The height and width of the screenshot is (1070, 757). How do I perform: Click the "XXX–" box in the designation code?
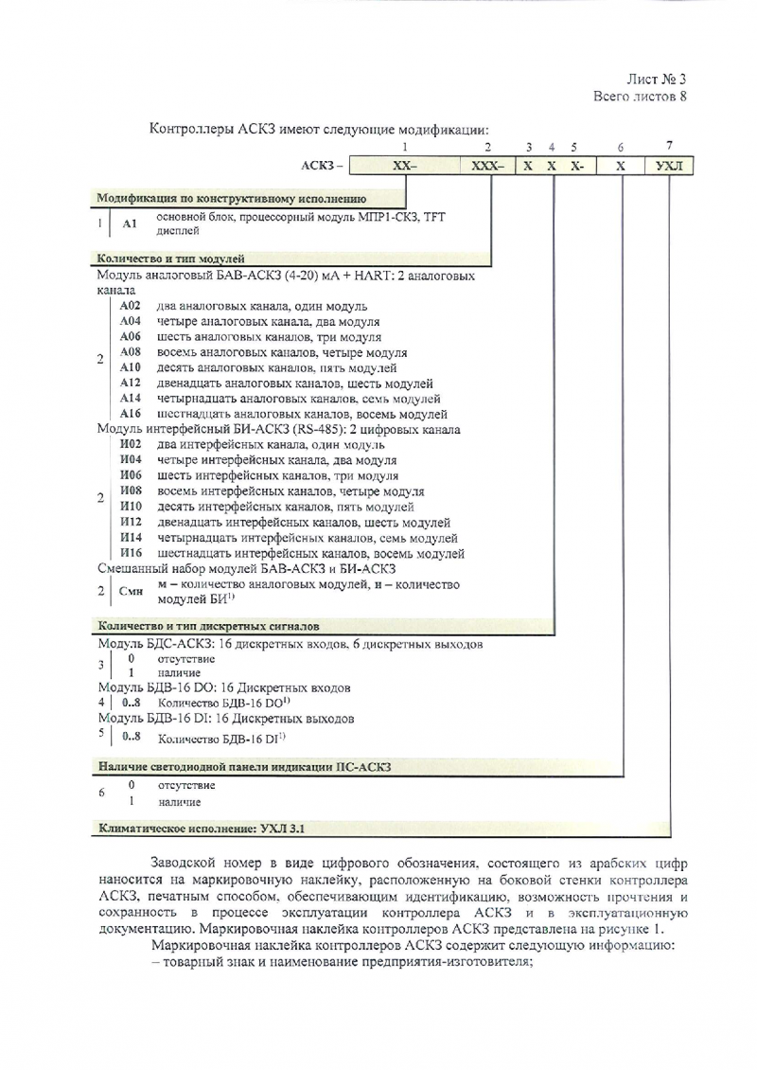(487, 166)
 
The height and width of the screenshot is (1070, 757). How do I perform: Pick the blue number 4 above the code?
(551, 147)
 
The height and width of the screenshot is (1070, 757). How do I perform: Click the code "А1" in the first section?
(132, 224)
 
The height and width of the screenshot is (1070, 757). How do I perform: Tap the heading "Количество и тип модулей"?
(171, 258)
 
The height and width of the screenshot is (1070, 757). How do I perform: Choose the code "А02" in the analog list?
(131, 307)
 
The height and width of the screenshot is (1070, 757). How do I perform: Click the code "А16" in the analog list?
(131, 414)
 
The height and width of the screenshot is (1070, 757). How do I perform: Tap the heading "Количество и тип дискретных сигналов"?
(209, 627)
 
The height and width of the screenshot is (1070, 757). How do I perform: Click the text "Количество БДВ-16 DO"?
(222, 703)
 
